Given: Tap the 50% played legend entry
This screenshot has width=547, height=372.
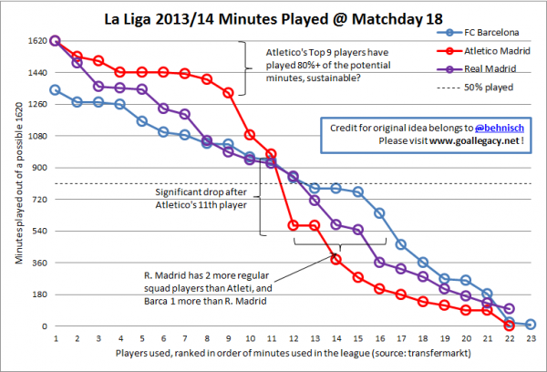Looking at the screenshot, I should [482, 88].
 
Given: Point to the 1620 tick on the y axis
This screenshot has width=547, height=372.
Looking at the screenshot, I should [37, 41].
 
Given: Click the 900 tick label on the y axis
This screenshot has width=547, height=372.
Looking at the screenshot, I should [40, 168].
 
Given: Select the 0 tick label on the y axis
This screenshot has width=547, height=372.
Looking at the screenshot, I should [46, 325].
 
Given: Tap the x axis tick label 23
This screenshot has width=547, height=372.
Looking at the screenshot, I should [531, 338].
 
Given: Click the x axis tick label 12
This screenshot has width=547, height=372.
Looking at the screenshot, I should [294, 338].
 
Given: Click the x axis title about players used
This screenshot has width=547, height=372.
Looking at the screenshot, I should [293, 352].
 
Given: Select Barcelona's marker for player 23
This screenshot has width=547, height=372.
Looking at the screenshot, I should [531, 325].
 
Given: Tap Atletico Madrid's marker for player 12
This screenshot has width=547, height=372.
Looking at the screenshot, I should [294, 225].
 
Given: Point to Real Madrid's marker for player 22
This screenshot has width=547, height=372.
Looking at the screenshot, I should [509, 309].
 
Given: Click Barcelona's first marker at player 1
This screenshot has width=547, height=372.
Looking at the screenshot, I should [56, 90].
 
